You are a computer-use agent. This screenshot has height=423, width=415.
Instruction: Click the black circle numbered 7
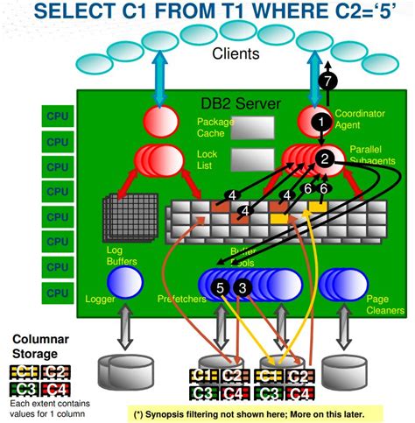click(x=328, y=80)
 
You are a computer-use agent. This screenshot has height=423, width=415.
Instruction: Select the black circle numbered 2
click(x=325, y=159)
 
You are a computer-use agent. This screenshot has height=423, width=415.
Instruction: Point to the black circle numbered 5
click(x=221, y=286)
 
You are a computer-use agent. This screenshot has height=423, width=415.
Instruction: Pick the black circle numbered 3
click(x=243, y=286)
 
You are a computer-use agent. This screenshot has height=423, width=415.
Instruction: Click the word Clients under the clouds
click(x=236, y=54)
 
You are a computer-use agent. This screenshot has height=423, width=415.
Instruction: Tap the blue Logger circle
click(x=124, y=282)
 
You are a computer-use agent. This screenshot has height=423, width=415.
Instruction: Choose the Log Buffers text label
click(x=99, y=256)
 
